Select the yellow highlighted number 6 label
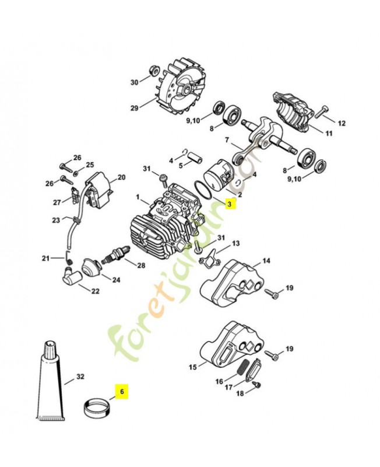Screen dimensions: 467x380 (x=122, y=393)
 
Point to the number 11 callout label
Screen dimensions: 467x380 (x=329, y=134)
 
